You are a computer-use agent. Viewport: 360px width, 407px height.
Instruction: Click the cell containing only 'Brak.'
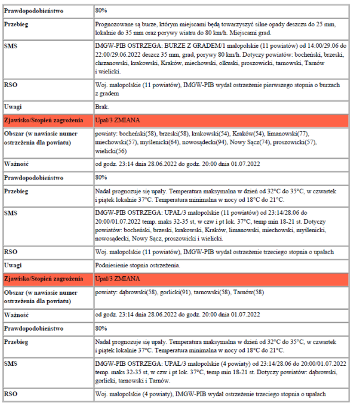pyautogui.click(x=101, y=107)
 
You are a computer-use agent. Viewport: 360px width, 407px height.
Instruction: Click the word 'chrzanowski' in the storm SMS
pyautogui.click(x=113, y=63)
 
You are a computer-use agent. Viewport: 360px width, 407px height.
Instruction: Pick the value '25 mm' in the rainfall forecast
pyautogui.click(x=325, y=23)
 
